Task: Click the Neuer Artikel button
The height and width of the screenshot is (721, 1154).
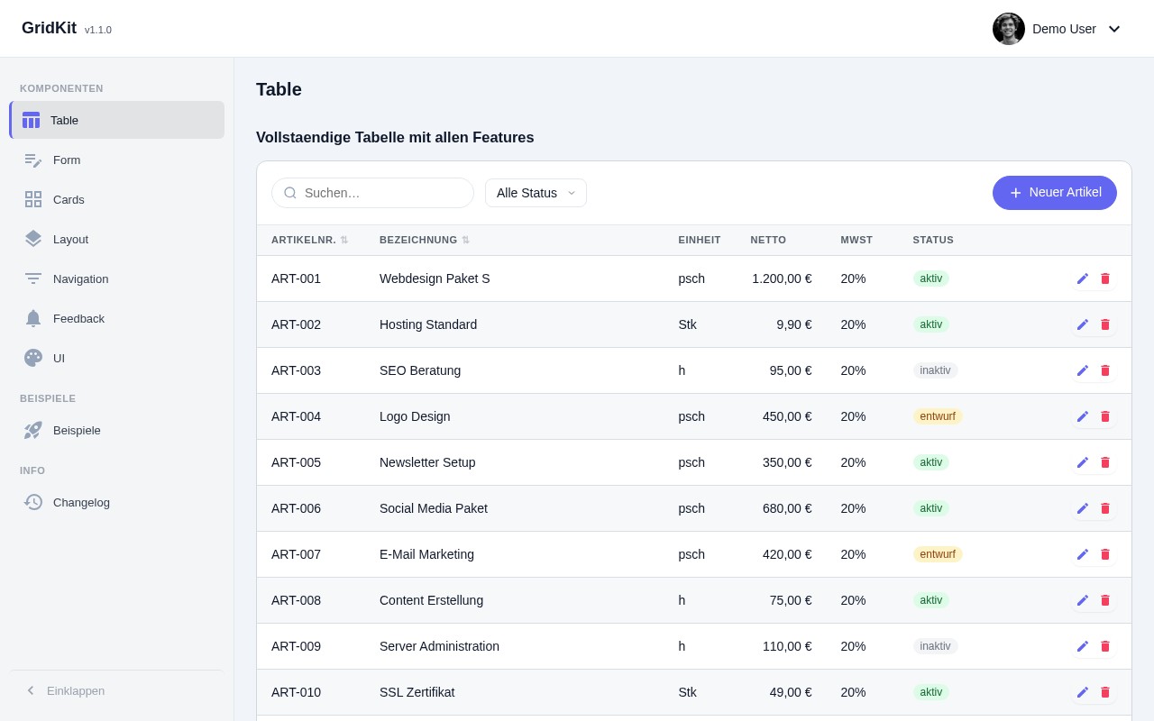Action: click(1055, 193)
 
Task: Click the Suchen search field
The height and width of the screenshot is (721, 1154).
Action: click(379, 193)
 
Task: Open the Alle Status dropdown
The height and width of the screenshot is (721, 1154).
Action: click(536, 193)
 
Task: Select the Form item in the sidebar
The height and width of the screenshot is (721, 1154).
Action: click(67, 160)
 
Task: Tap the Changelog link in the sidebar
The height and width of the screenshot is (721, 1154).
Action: click(81, 502)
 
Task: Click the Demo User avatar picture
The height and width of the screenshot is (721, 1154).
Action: click(1009, 29)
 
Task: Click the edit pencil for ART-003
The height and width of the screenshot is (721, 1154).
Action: click(1083, 370)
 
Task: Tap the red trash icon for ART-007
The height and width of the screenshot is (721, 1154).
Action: click(1105, 554)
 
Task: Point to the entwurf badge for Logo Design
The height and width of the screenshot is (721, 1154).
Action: click(937, 416)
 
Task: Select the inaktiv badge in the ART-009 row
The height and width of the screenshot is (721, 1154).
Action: click(935, 646)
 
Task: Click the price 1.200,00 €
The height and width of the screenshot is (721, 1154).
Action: click(782, 278)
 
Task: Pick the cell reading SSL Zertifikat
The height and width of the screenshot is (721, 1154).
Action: click(417, 692)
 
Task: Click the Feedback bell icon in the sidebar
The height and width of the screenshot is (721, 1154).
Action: click(33, 318)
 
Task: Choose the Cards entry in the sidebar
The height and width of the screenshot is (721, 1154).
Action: click(69, 199)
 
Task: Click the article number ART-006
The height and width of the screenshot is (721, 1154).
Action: click(296, 508)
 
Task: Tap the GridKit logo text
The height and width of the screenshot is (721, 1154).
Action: click(49, 28)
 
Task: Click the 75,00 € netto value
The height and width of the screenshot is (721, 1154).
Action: click(791, 600)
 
